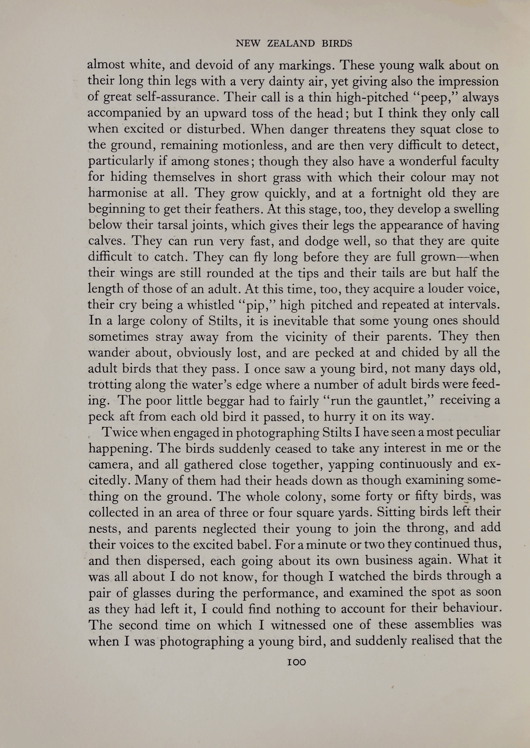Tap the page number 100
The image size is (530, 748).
point(296,662)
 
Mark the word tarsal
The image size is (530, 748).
point(163,225)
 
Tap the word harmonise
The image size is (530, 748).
point(118,193)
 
